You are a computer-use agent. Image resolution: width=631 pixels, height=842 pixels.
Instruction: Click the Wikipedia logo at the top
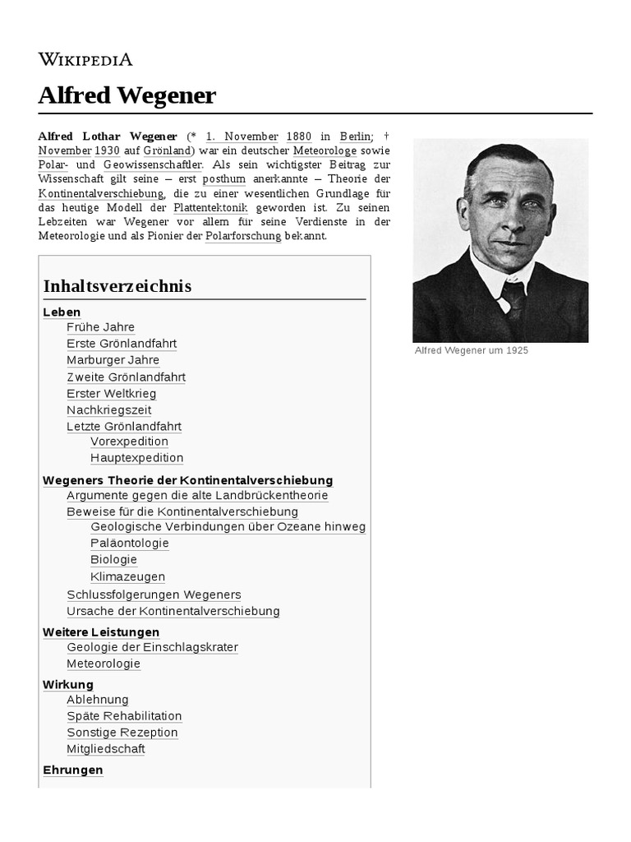pyautogui.click(x=85, y=59)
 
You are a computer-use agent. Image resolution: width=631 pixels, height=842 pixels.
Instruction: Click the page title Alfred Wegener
pyautogui.click(x=127, y=96)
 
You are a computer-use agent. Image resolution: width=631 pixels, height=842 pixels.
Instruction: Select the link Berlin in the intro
pyautogui.click(x=355, y=136)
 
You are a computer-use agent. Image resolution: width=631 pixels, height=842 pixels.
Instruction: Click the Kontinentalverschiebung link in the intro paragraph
pyautogui.click(x=101, y=193)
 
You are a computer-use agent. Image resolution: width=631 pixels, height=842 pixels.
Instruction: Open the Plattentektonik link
pyautogui.click(x=210, y=208)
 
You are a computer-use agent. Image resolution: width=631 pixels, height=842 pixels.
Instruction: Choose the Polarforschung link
pyautogui.click(x=243, y=236)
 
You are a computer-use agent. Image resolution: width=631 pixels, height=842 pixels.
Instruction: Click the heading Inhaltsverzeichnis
pyautogui.click(x=117, y=286)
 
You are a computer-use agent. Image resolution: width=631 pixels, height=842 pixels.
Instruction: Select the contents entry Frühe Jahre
pyautogui.click(x=100, y=327)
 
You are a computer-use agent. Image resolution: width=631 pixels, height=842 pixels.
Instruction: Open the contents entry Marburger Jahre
pyautogui.click(x=113, y=360)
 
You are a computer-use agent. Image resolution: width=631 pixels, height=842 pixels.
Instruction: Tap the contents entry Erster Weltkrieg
pyautogui.click(x=111, y=394)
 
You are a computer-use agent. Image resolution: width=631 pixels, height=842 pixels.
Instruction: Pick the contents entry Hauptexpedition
pyautogui.click(x=136, y=458)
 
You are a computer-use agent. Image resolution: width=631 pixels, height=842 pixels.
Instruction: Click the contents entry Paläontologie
pyautogui.click(x=129, y=544)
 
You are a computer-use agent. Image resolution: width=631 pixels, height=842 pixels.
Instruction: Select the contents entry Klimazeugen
pyautogui.click(x=127, y=577)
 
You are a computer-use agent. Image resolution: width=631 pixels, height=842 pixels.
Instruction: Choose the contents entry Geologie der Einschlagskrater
pyautogui.click(x=152, y=648)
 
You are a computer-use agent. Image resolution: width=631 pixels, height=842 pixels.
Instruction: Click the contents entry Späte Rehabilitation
pyautogui.click(x=124, y=716)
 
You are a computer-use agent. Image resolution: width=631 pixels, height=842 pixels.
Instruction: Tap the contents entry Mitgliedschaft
pyautogui.click(x=106, y=749)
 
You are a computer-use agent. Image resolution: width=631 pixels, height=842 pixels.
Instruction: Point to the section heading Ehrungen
pyautogui.click(x=72, y=770)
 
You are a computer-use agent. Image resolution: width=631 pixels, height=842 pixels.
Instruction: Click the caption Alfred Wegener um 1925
pyautogui.click(x=471, y=350)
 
